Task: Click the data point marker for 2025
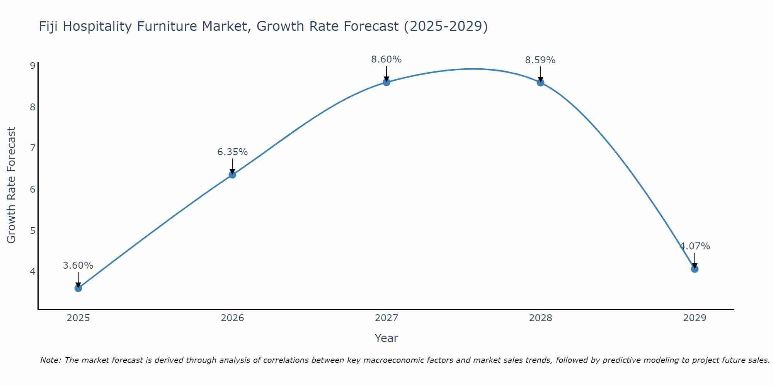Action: [78, 288]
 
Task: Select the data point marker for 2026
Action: [232, 174]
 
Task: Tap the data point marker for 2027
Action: [386, 82]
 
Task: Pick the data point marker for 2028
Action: [540, 82]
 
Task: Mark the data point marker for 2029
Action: [695, 269]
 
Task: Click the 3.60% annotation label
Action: [78, 266]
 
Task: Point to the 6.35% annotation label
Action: [232, 152]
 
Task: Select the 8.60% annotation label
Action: [386, 59]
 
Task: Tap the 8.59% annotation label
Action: [540, 60]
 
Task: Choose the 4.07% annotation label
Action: [695, 246]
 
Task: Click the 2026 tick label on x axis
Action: [232, 318]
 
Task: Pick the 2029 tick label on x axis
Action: [695, 318]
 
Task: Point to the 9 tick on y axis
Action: [32, 66]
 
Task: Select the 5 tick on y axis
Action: [32, 230]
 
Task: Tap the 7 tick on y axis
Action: [32, 148]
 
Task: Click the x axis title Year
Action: [386, 338]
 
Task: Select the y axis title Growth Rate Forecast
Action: [12, 185]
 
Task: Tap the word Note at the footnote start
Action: [51, 360]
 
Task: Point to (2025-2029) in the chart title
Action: [446, 27]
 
